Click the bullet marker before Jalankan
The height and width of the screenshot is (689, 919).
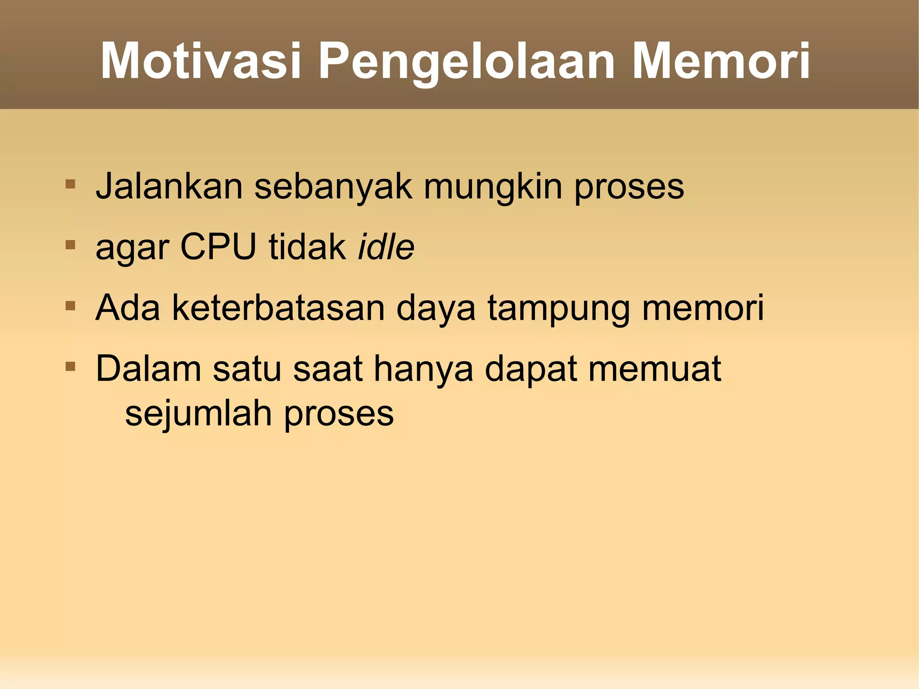point(70,184)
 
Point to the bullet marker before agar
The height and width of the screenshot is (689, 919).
point(70,245)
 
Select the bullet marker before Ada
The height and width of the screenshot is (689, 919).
point(70,306)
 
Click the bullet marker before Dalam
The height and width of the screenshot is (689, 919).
point(70,367)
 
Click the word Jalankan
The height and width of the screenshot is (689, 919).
point(169,186)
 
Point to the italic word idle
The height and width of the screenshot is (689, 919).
point(386,246)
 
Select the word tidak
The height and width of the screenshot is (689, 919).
point(307,246)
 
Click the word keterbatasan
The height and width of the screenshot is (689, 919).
point(278,308)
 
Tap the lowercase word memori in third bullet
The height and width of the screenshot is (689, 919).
point(703,308)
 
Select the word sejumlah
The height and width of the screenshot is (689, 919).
point(198,414)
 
